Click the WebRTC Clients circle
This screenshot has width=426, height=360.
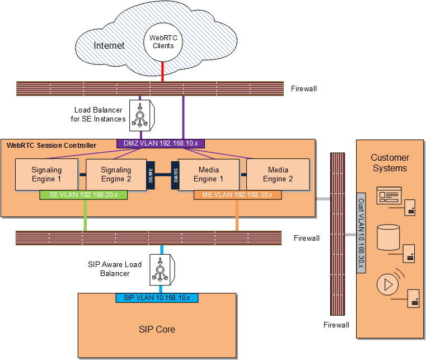click(x=163, y=41)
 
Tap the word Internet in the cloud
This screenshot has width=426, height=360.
click(x=109, y=45)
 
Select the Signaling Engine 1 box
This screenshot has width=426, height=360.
click(x=46, y=174)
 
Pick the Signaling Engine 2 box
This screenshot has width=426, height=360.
click(x=115, y=174)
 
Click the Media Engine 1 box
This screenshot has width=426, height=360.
click(x=208, y=174)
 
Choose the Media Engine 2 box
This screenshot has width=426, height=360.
click(x=278, y=174)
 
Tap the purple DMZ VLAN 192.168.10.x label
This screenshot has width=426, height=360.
click(x=161, y=143)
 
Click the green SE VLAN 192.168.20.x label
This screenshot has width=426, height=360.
click(x=84, y=195)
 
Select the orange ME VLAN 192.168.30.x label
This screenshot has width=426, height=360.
click(x=237, y=195)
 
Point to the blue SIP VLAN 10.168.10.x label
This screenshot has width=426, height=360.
click(x=157, y=297)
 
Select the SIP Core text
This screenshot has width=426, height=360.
click(x=157, y=329)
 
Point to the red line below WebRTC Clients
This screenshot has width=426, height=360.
click(x=162, y=72)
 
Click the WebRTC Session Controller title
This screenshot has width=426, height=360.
click(x=51, y=146)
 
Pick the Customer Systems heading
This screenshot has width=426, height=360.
click(x=390, y=163)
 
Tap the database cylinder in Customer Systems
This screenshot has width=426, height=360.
click(x=388, y=237)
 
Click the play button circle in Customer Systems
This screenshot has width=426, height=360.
click(x=386, y=284)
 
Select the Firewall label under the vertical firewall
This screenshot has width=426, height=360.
click(x=336, y=325)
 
